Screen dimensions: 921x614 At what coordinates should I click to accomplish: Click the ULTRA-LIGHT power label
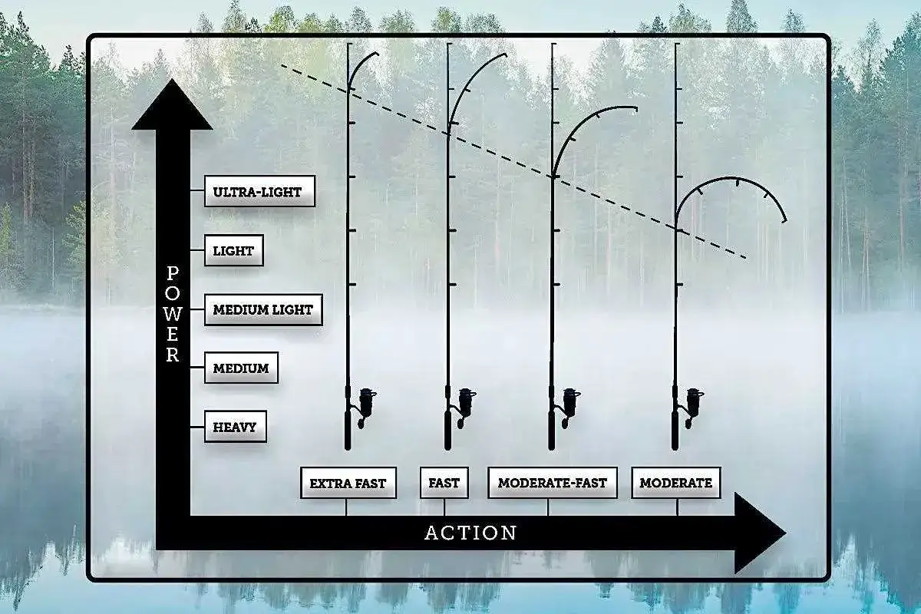pos(259,191)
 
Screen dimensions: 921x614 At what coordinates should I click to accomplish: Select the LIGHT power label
pos(233,250)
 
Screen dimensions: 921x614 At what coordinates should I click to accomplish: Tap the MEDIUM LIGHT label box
pos(263,309)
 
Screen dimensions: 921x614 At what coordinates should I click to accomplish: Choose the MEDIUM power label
pos(241,368)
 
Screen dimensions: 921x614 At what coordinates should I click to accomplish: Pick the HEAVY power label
pos(235,427)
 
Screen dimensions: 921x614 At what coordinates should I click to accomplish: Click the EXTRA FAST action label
pos(348,483)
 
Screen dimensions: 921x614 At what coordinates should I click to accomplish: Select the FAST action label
pos(444,483)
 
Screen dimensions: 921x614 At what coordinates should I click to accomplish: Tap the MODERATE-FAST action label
pos(553,483)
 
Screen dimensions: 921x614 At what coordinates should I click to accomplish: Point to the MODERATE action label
pos(676,483)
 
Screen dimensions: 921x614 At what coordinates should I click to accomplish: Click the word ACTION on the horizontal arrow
pos(470,533)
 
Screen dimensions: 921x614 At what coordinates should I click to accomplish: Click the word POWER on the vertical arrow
pos(173,314)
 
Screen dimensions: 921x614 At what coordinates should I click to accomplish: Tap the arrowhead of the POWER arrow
pos(172,105)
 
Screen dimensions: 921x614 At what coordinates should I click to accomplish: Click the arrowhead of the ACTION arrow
pos(761,533)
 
